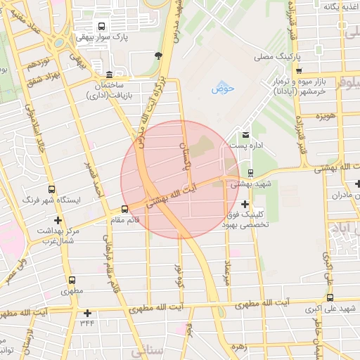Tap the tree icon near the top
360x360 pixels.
click(159, 56)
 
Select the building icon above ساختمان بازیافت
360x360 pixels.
click(108, 75)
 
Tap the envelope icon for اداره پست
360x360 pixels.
click(245, 134)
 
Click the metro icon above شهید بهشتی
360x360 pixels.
click(251, 172)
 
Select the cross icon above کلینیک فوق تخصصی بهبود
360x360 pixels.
click(245, 204)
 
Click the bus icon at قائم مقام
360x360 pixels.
click(125, 209)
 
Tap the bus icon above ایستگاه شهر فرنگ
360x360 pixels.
click(51, 190)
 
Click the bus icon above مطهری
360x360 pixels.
click(72, 279)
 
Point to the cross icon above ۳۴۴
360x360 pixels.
click(87, 313)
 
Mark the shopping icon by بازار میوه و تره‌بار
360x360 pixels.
click(300, 71)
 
